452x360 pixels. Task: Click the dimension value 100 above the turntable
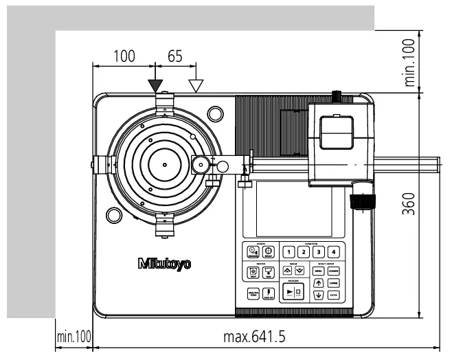click(124, 56)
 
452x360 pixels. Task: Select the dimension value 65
click(174, 56)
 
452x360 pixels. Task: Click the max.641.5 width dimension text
click(254, 337)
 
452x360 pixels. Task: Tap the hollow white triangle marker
click(196, 85)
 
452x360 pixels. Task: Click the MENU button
click(319, 271)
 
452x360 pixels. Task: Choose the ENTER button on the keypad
click(334, 295)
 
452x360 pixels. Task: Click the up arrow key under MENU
click(319, 283)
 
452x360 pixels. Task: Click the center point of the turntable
click(165, 165)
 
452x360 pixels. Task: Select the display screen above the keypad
click(293, 208)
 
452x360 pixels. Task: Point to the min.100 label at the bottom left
click(73, 337)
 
